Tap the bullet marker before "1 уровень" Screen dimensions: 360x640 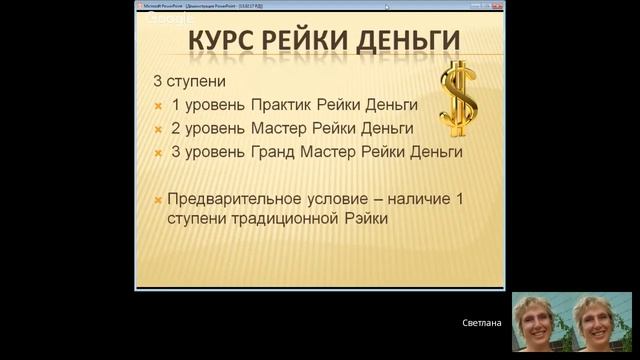(158, 106)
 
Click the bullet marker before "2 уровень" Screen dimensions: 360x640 (158, 130)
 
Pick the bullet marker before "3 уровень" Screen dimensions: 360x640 (158, 154)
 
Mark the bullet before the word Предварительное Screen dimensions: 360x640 (158, 200)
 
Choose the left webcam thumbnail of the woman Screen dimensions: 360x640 (541, 322)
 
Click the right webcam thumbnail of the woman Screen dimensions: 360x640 (602, 322)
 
